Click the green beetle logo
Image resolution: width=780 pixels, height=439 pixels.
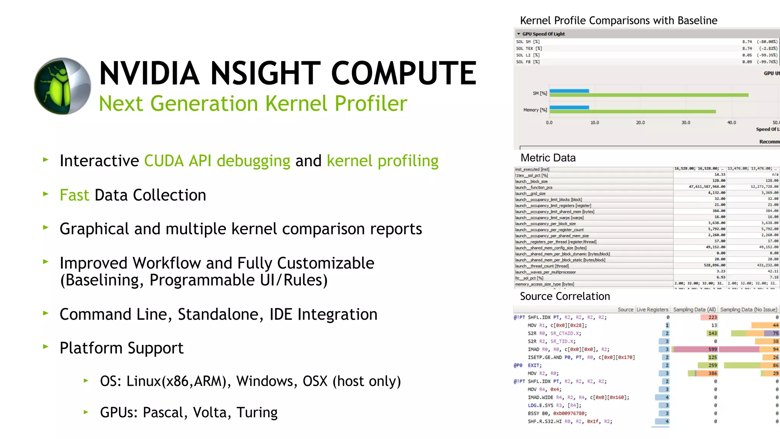point(62,86)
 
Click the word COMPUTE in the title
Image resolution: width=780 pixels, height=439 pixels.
point(403,73)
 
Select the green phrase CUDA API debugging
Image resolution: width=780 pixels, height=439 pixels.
point(217,161)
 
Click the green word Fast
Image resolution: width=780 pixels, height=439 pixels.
point(74,195)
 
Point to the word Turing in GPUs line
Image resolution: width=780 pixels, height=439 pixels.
point(257,412)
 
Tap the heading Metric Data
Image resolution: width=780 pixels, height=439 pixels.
point(548,158)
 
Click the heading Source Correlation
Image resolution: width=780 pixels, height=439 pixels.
point(564,296)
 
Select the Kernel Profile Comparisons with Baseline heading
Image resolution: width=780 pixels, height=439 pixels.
point(618,21)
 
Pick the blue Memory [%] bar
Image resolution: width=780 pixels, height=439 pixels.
point(569,107)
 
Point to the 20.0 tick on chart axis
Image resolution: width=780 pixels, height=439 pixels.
point(640,123)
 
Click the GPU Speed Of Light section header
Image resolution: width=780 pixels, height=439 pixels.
point(543,34)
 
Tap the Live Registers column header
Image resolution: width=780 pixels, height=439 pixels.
point(652,309)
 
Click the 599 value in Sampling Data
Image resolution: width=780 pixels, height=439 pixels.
point(712,349)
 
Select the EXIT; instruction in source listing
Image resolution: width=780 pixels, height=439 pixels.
point(534,365)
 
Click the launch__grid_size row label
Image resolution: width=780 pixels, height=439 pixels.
point(530,194)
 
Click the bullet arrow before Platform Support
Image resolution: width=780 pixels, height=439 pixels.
point(46,347)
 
